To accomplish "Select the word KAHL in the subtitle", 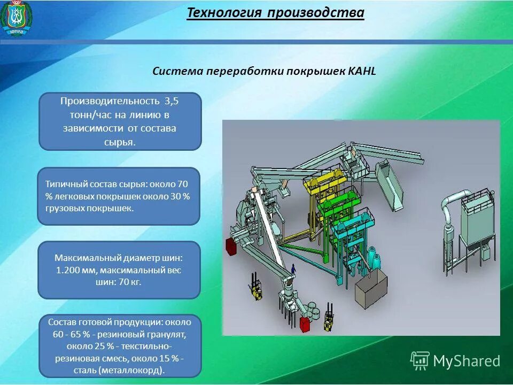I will [x=362, y=71].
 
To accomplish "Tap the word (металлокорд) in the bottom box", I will [x=138, y=370].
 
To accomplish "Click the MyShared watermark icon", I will [x=420, y=361].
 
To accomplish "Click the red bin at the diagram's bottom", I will [x=306, y=325].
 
